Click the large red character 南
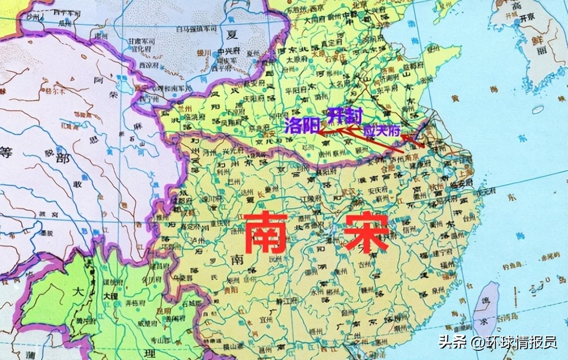click(265, 232)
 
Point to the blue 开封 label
click(345, 115)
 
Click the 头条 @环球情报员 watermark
click(498, 342)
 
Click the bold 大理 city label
click(110, 297)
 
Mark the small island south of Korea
click(537, 109)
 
